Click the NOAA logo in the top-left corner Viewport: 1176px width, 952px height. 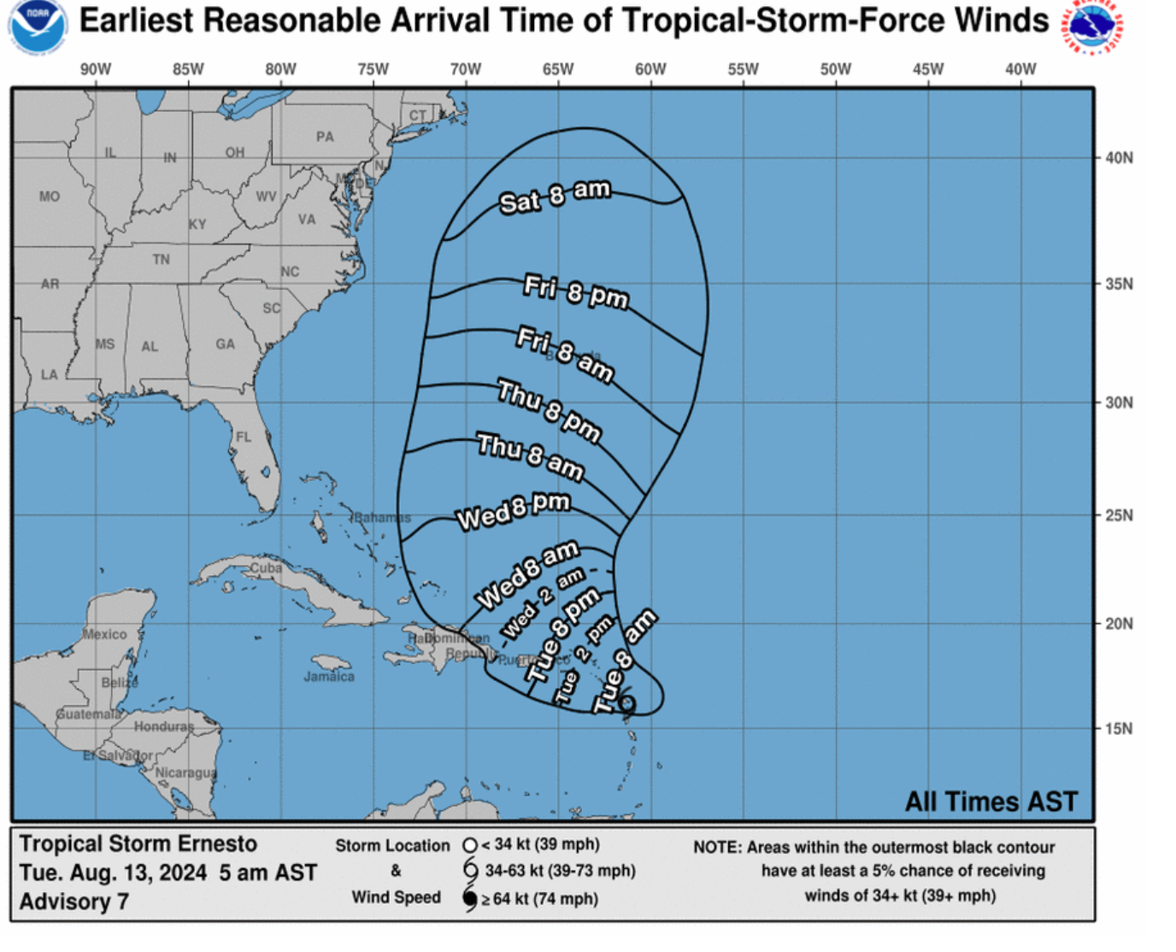[x=37, y=26]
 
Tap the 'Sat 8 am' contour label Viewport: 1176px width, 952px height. [x=555, y=196]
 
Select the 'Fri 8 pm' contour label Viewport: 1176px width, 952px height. [x=575, y=291]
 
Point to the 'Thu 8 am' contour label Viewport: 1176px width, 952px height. [x=531, y=456]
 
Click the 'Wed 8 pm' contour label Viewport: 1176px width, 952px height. [x=513, y=511]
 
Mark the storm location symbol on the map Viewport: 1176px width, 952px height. [x=627, y=703]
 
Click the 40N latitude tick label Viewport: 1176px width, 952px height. [x=1119, y=158]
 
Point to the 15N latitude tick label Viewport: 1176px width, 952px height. [x=1119, y=728]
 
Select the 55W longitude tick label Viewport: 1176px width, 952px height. [x=743, y=69]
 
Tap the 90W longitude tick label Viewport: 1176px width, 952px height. [x=96, y=69]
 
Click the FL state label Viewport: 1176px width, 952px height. [x=244, y=437]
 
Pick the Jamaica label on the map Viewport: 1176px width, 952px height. [x=329, y=676]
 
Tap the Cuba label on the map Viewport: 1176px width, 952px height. [x=266, y=567]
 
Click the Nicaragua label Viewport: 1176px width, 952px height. [x=185, y=773]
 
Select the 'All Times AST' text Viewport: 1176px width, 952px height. [x=991, y=802]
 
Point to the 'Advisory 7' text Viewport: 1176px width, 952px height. [x=74, y=902]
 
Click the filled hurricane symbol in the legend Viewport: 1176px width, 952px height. [x=469, y=898]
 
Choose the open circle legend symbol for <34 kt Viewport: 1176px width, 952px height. [x=469, y=845]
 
